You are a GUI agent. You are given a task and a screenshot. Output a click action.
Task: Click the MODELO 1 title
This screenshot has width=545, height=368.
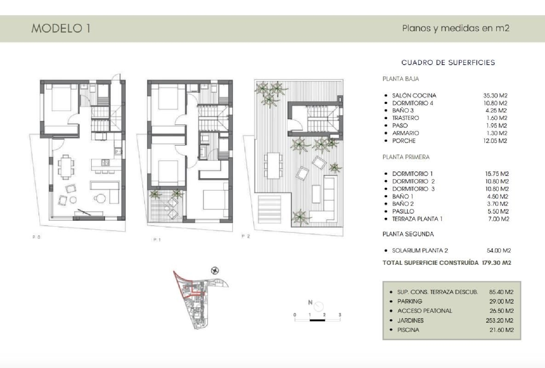tap(61, 28)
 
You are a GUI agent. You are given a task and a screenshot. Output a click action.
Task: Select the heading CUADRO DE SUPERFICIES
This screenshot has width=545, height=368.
tap(448, 62)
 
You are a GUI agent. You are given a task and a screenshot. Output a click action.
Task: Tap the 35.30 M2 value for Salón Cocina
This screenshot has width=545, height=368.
tap(495, 96)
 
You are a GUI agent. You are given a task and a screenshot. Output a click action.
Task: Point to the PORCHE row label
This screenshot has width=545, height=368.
tap(404, 141)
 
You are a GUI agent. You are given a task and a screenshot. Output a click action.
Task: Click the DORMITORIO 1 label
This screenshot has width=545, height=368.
tap(412, 174)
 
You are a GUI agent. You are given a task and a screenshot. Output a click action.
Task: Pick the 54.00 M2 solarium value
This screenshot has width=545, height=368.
tap(498, 250)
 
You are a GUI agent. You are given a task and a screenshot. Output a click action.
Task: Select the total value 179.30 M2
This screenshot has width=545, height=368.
tap(496, 263)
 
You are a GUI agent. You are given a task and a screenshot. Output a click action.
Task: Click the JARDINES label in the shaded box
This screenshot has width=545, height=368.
tap(410, 320)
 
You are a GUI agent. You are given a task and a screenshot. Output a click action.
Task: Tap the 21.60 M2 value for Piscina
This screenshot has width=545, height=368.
tap(501, 330)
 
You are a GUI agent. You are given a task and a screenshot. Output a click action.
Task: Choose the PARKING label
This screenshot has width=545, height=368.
tap(409, 301)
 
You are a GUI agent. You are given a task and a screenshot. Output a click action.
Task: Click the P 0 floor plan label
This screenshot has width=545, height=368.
tap(36, 237)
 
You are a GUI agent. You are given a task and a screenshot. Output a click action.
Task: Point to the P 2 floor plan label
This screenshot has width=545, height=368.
tap(246, 236)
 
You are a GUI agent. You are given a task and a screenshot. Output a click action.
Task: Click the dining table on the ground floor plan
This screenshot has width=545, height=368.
tap(66, 167)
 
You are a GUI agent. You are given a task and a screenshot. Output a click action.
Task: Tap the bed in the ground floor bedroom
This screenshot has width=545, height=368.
tap(61, 97)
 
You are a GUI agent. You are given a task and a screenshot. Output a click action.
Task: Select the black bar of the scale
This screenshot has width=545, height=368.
tap(317, 320)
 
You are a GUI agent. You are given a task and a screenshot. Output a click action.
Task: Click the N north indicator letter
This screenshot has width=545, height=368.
tap(310, 302)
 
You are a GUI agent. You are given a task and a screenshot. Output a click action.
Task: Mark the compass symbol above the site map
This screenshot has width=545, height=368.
tap(215, 271)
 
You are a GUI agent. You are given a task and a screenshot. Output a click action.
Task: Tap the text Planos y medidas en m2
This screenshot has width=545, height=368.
tap(456, 28)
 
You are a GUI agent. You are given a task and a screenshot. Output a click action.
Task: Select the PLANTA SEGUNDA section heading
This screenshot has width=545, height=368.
tap(408, 234)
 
